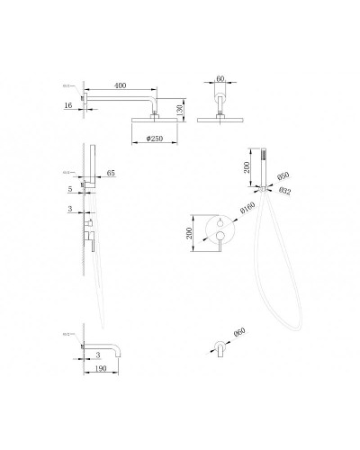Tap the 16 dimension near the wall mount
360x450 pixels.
tap(67, 106)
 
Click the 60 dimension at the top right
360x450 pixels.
tap(221, 80)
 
